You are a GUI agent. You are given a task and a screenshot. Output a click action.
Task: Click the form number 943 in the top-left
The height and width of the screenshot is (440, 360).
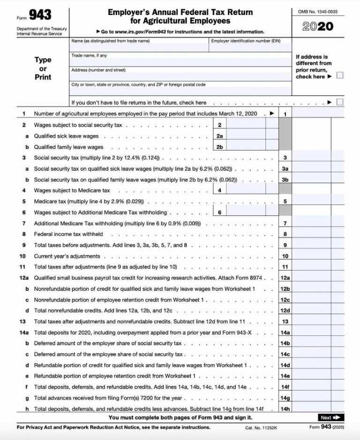coord(40,15)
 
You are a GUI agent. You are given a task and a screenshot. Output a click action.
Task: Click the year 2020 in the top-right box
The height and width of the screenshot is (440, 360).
coord(318,26)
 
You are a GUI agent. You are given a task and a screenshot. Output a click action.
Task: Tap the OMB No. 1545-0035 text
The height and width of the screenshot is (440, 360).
coord(318,11)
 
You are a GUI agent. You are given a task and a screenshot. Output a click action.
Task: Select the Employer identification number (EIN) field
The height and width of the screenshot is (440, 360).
coord(250,48)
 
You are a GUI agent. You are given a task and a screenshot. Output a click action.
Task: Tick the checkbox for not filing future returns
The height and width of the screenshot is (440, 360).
coord(340,102)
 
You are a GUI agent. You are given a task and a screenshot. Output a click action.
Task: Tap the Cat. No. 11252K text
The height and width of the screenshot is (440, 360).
coord(262,427)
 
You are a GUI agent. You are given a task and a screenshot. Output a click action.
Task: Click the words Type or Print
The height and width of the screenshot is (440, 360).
coord(43,68)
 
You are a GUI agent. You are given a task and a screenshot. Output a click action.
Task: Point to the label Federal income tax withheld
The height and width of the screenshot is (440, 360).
coord(68,234)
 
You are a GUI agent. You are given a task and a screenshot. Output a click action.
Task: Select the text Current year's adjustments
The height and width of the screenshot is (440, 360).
coord(67,256)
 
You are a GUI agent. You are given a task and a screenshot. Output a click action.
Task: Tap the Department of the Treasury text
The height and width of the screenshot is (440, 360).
coord(42,29)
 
